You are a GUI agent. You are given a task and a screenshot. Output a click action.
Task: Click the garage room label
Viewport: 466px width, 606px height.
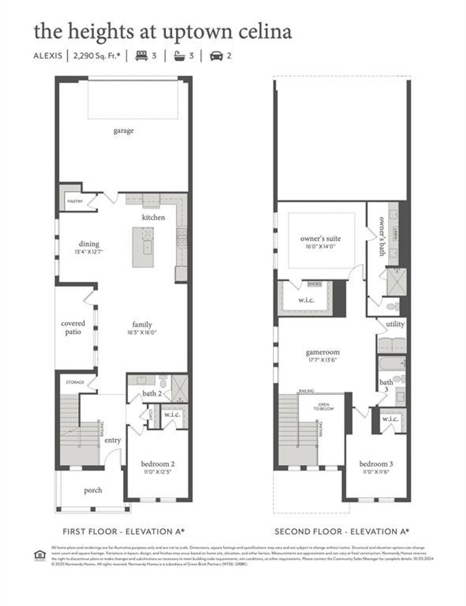point(123,130)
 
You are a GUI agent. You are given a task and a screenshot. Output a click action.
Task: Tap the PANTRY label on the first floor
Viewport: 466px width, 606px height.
point(75,201)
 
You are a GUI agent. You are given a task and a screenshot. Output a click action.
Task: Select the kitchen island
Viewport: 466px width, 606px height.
point(143,247)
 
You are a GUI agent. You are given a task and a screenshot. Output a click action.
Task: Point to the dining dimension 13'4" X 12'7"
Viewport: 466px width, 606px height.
point(89,251)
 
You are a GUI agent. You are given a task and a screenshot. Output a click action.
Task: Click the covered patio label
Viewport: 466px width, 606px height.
point(73,327)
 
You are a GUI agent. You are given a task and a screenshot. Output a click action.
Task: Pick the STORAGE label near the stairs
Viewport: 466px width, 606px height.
point(75,382)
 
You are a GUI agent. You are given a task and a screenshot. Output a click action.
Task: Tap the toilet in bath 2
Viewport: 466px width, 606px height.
point(163,382)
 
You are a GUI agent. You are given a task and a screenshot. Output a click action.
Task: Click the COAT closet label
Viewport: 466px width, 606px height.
point(151,414)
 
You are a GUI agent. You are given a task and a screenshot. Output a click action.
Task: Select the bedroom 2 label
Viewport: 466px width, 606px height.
point(158,464)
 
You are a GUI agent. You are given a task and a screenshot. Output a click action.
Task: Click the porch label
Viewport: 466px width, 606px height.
point(93,490)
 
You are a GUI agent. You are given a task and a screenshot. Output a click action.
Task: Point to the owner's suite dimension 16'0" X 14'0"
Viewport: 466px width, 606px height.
point(320,246)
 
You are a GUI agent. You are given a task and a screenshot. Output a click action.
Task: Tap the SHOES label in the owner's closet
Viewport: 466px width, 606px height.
point(314,284)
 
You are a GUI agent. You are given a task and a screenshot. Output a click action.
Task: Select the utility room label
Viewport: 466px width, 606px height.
point(395,324)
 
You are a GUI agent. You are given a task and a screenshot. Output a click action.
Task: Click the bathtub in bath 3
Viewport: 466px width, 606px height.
point(391,364)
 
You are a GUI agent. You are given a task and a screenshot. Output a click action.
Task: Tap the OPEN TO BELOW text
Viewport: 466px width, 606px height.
point(324,407)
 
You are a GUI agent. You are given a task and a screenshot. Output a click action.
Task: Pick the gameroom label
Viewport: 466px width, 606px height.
point(323,352)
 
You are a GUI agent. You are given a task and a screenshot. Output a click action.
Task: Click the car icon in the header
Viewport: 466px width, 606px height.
point(216,56)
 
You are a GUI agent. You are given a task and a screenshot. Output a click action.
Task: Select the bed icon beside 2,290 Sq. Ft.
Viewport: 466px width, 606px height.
point(142,56)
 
